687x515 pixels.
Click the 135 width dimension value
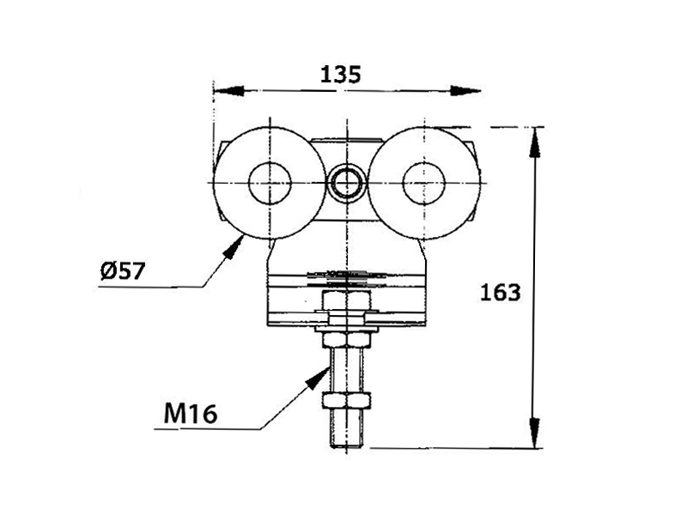click(x=340, y=75)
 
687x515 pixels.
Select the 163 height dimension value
click(x=501, y=292)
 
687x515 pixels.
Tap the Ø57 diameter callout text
click(x=122, y=271)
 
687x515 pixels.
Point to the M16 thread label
click(x=191, y=413)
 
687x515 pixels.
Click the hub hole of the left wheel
click(x=270, y=183)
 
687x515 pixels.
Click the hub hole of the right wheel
click(x=423, y=183)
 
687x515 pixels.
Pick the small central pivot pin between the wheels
click(x=347, y=183)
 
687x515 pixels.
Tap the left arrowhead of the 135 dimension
click(x=228, y=91)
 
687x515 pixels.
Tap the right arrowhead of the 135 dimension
click(x=465, y=91)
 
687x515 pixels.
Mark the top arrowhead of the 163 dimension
click(x=534, y=142)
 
